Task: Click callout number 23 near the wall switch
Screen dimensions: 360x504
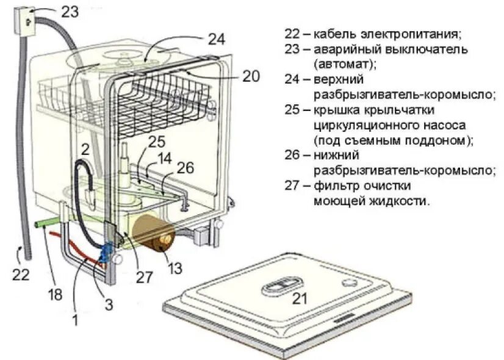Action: [x=70, y=11]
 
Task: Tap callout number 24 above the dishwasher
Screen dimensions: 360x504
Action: [x=216, y=39]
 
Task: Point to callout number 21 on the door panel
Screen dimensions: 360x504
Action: [x=299, y=298]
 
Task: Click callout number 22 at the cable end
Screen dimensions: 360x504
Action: [x=21, y=275]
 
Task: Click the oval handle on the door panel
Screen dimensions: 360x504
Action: [x=283, y=284]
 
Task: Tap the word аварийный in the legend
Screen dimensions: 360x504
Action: [x=344, y=49]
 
